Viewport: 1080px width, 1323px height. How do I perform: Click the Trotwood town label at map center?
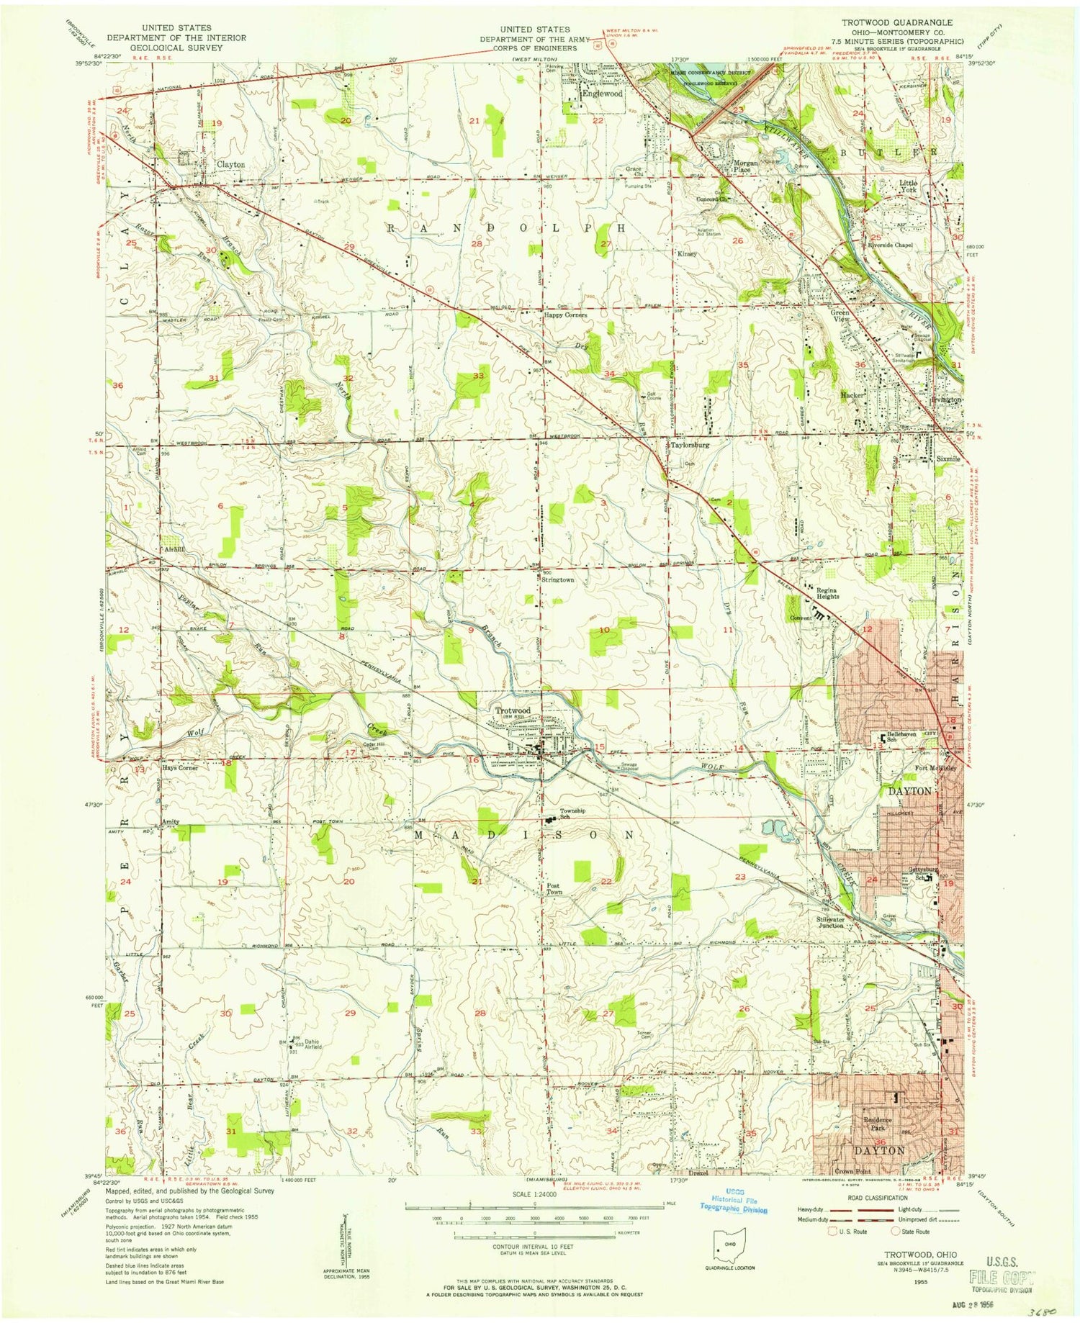coord(513,710)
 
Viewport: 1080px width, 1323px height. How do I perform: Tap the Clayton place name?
coord(230,164)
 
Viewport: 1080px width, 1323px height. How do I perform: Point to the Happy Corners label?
coord(565,315)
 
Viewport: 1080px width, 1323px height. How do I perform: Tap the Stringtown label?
coord(558,579)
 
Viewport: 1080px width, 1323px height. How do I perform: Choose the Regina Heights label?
coord(827,593)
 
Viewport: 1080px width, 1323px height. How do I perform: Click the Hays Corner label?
coord(180,767)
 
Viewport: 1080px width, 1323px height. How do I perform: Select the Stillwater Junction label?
coord(830,922)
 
